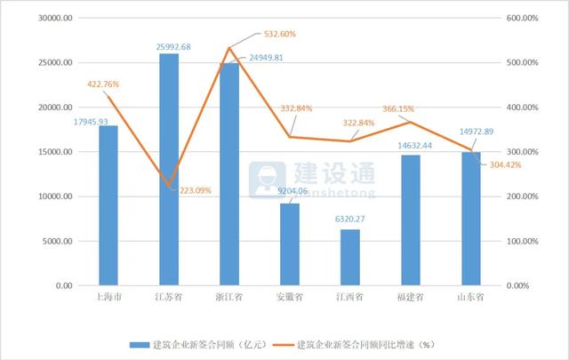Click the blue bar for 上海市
point(108,205)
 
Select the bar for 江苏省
point(168,169)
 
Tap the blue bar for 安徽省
point(290,244)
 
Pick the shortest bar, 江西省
point(350,257)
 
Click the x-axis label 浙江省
point(229,297)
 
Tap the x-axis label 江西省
point(350,297)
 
